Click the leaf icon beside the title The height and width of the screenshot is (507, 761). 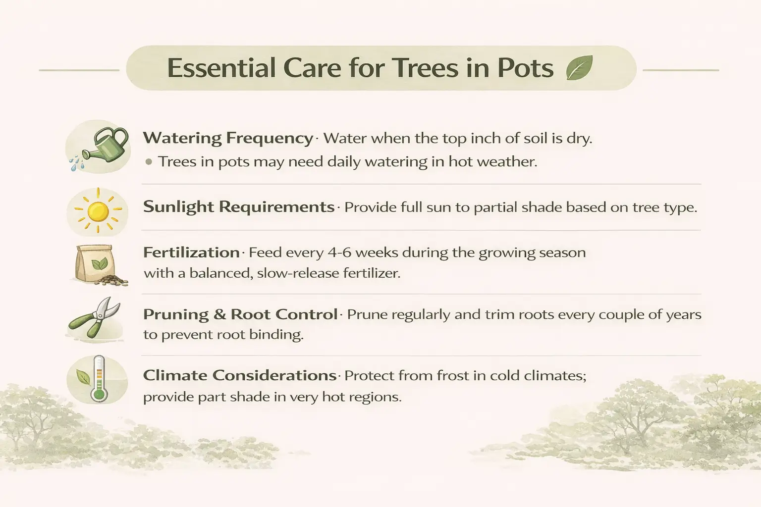(579, 68)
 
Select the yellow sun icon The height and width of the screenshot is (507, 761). (98, 211)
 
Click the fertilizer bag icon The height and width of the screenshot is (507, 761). (95, 263)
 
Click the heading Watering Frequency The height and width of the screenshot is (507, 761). (228, 138)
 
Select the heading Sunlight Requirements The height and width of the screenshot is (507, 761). (239, 206)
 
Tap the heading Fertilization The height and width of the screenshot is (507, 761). (191, 253)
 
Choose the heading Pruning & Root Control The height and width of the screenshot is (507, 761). (240, 314)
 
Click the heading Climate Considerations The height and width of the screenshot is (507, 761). (240, 375)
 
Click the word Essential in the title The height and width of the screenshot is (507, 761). (221, 68)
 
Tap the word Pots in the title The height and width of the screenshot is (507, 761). (525, 68)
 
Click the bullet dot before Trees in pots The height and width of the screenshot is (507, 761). (149, 162)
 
